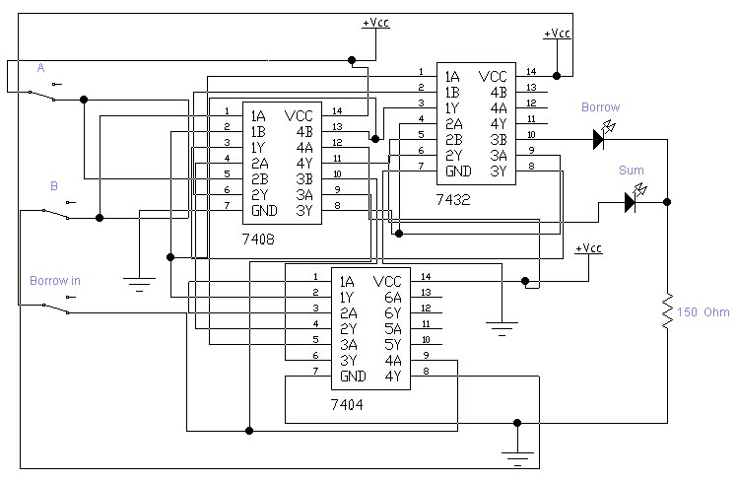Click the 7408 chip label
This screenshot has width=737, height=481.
tap(258, 239)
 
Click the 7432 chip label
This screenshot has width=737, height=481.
tap(453, 199)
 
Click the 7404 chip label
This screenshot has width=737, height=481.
tap(349, 404)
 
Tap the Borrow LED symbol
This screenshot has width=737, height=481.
tap(598, 139)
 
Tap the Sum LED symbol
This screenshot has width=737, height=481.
tap(631, 202)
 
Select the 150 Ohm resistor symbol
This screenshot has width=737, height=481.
tap(668, 311)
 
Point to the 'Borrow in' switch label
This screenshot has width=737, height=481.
tap(55, 281)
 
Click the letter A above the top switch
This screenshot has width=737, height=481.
tap(40, 68)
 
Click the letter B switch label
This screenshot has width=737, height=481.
tap(54, 185)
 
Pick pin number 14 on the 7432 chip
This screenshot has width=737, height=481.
tap(531, 72)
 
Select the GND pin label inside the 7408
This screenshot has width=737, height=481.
tap(264, 210)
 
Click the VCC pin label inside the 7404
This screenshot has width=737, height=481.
tap(389, 281)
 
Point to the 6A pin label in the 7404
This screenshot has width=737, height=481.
tap(393, 297)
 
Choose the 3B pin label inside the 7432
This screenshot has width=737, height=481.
tap(499, 139)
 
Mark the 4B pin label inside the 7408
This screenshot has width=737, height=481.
tap(303, 131)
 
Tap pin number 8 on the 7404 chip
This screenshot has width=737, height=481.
tap(426, 372)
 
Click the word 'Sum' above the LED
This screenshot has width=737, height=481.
tap(631, 171)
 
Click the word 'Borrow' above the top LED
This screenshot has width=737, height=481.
tap(600, 107)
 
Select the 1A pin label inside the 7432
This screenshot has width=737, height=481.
tap(452, 76)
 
